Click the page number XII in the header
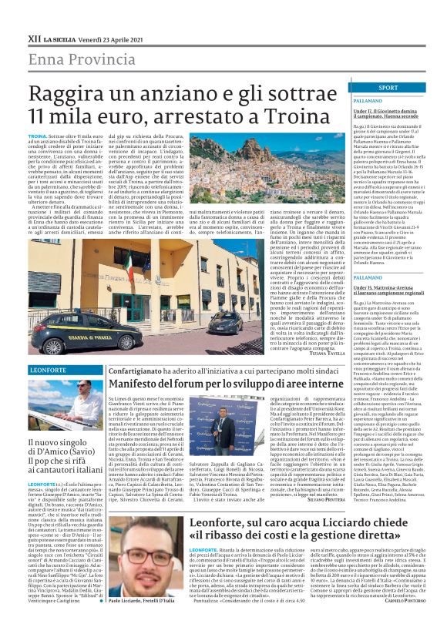34,35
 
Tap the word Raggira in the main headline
87,96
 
